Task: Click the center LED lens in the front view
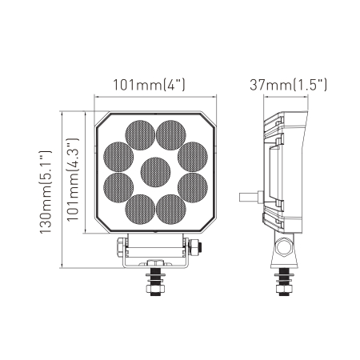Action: pyautogui.click(x=155, y=171)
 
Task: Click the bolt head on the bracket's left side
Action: pyautogui.click(x=120, y=245)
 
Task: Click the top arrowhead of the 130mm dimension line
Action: pyautogui.click(x=63, y=113)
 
